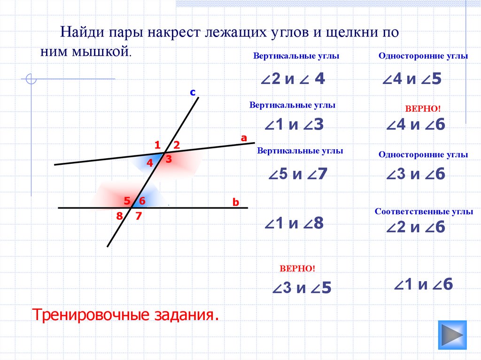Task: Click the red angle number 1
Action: point(157,145)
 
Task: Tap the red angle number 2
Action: point(177,145)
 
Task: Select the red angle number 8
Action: point(119,216)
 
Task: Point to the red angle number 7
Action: point(139,216)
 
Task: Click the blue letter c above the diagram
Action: point(193,92)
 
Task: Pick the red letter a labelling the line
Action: point(244,138)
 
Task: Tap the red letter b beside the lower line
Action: point(236,202)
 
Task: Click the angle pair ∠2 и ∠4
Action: point(293,78)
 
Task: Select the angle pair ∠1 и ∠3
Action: point(294,124)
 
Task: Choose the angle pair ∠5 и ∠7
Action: point(298,174)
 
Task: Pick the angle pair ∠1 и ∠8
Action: point(294,223)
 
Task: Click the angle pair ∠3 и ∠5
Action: point(302,288)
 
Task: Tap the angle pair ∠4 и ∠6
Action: point(416,124)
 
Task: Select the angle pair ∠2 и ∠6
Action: point(416,227)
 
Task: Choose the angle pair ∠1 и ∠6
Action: point(423,284)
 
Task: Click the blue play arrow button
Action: point(452,335)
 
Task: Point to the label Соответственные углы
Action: point(424,212)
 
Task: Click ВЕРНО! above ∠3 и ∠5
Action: point(297,268)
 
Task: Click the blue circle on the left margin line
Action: point(31,79)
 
